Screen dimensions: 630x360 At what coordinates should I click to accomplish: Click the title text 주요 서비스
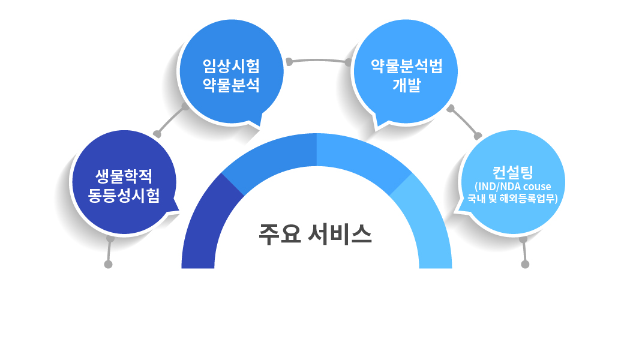[x=316, y=234]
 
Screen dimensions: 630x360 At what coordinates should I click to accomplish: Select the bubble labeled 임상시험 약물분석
[x=232, y=73]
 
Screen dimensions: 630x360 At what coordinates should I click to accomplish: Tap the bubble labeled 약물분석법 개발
[x=406, y=73]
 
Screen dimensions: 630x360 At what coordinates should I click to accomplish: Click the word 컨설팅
[x=512, y=172]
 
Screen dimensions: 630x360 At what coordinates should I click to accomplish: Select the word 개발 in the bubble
[x=406, y=85]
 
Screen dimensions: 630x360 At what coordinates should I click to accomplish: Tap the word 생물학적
[x=124, y=176]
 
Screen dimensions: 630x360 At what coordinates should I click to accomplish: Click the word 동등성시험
[x=124, y=195]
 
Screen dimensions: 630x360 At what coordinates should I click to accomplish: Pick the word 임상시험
[x=231, y=66]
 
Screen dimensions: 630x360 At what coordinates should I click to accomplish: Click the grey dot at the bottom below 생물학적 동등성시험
[x=108, y=264]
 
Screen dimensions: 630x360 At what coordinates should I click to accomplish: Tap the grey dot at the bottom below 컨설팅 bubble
[x=525, y=264]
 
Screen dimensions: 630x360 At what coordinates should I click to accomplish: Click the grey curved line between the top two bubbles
[x=318, y=61]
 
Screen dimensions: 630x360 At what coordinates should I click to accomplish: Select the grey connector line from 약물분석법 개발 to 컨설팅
[x=464, y=122]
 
